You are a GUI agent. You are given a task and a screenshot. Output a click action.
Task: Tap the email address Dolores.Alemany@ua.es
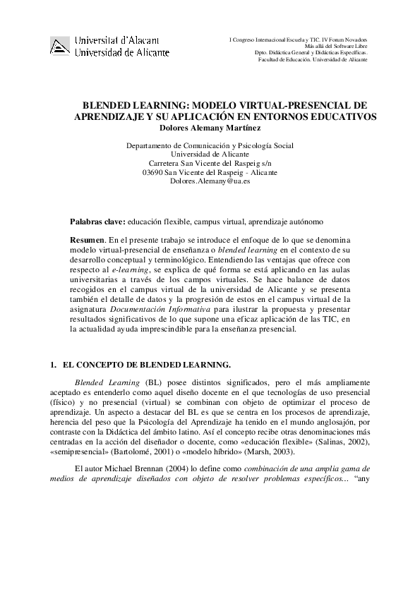[210, 181]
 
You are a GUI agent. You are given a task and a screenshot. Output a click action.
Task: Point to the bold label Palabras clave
[98, 221]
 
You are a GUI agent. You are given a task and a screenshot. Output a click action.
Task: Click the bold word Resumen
[93, 241]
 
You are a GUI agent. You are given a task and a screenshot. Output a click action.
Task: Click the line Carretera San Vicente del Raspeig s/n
[210, 163]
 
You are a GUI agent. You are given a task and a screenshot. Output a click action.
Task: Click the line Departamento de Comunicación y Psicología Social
[210, 145]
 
